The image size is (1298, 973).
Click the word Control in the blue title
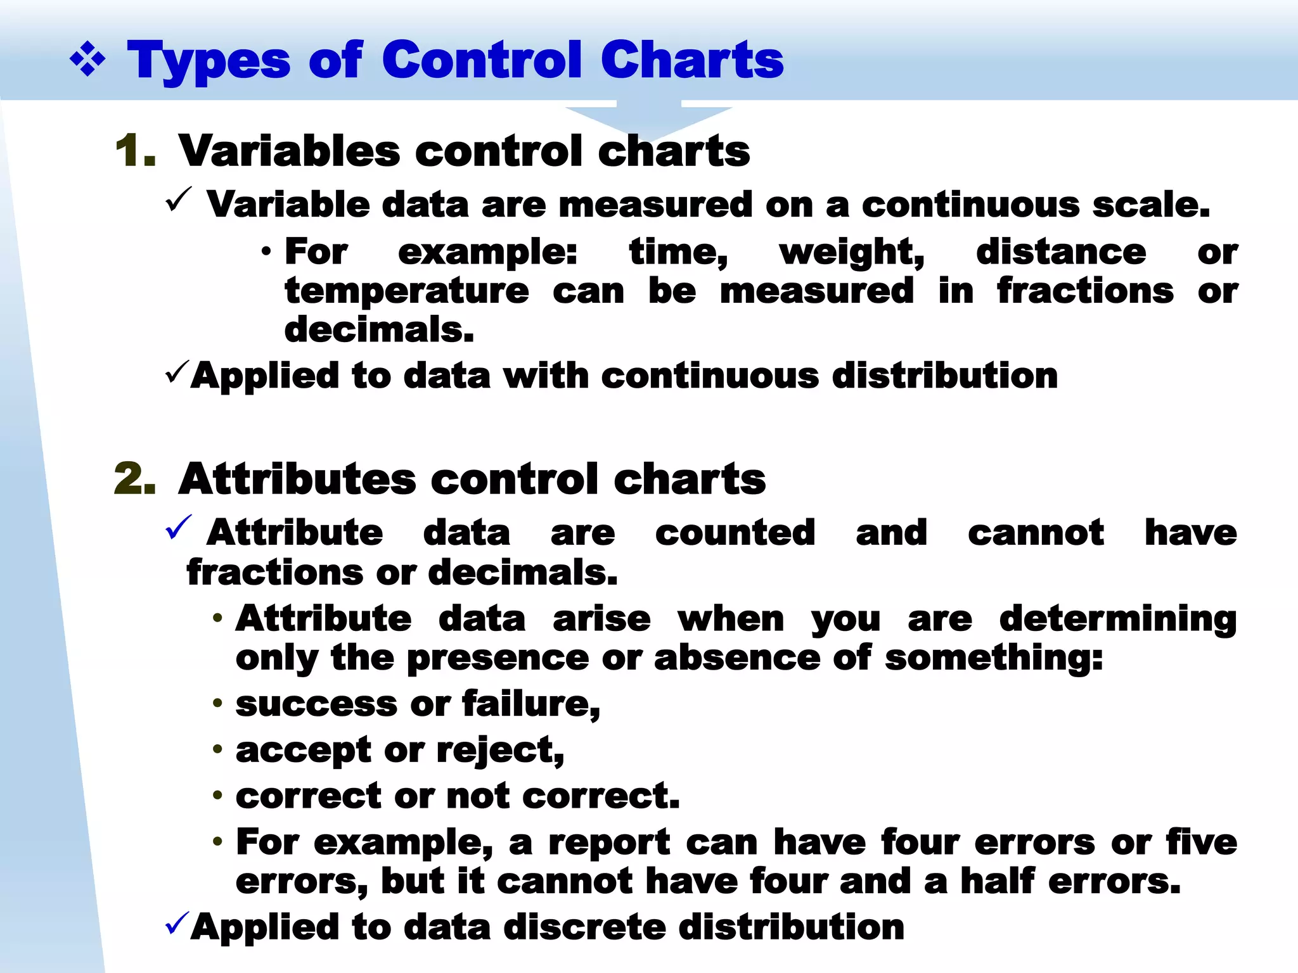(x=482, y=60)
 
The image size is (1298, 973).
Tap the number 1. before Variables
(x=136, y=152)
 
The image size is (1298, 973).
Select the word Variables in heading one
(x=290, y=152)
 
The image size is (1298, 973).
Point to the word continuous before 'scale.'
(x=970, y=205)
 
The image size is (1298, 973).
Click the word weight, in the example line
(x=852, y=253)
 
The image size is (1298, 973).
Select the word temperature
(x=406, y=291)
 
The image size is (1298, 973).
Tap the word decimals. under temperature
(x=379, y=330)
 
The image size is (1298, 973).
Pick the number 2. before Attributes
(x=135, y=479)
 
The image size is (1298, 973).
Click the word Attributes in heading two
(x=297, y=479)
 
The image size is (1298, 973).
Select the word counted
(x=735, y=533)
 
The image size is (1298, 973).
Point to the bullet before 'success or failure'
(x=217, y=703)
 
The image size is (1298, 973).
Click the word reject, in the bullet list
(x=500, y=751)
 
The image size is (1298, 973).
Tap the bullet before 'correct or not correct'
(x=217, y=795)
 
